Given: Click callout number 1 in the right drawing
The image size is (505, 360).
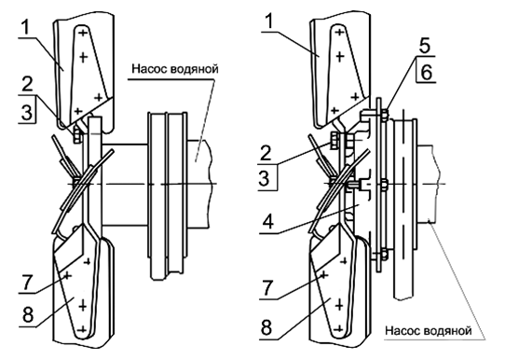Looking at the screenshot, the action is click(x=269, y=21).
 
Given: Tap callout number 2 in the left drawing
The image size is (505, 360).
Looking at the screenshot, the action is click(x=27, y=85).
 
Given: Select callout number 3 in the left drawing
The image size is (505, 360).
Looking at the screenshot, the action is click(x=27, y=113).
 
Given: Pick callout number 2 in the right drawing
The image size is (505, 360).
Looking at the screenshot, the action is click(x=266, y=153).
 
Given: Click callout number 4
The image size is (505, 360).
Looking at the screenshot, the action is click(x=268, y=221).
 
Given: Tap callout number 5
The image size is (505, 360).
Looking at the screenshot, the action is click(x=425, y=46).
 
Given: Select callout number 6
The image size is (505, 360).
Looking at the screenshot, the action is click(x=426, y=72).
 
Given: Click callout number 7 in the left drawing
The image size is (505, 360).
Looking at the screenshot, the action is click(x=27, y=283).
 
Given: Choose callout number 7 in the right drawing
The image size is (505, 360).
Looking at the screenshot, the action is click(x=268, y=288).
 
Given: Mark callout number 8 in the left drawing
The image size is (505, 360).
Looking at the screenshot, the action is click(x=28, y=314).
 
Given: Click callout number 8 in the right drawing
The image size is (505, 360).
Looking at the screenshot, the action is click(x=266, y=326).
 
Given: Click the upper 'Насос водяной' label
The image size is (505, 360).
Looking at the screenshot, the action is click(x=175, y=69).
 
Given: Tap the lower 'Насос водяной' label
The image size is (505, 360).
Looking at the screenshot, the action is click(x=429, y=331).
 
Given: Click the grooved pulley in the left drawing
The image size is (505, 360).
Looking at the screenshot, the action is click(x=168, y=195).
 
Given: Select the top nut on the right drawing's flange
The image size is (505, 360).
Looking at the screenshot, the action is click(x=384, y=115).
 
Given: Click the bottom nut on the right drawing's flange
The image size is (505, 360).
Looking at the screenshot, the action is click(x=384, y=255).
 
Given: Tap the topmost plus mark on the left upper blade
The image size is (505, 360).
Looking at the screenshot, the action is click(x=83, y=33).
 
